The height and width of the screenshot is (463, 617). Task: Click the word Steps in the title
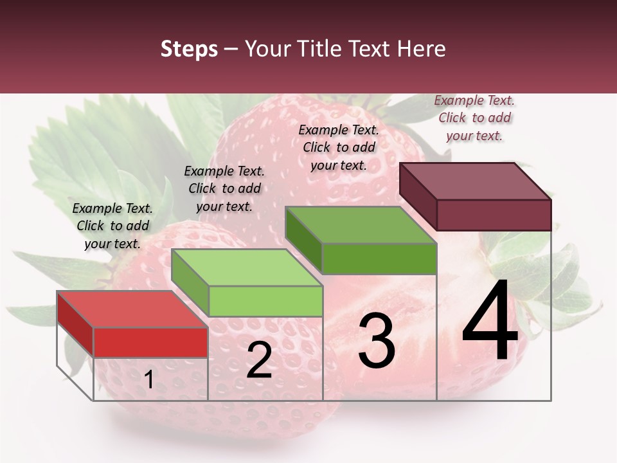tap(189, 50)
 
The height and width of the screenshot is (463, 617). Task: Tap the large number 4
tap(490, 322)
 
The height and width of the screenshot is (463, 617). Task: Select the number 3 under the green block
tap(376, 341)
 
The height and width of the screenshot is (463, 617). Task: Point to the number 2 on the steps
tap(259, 360)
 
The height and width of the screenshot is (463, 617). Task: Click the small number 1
tap(148, 380)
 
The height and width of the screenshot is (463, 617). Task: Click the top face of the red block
tap(132, 309)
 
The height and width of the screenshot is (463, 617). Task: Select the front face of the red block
tap(151, 342)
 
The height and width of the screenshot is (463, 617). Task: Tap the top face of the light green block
tap(247, 268)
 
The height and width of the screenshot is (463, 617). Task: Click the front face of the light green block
tap(265, 301)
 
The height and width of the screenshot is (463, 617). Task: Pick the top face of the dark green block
tap(361, 225)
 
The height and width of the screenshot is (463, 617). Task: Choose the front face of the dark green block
tap(379, 259)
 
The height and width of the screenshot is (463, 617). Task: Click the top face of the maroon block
tap(476, 181)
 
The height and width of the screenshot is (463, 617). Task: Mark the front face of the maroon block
tap(494, 215)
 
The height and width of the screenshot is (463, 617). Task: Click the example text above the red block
tap(112, 226)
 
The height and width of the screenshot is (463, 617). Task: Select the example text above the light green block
tap(224, 188)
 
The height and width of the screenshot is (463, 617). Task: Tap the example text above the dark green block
tap(339, 147)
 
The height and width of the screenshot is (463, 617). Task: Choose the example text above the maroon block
tap(474, 118)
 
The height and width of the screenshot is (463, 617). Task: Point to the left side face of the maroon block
tap(418, 195)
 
